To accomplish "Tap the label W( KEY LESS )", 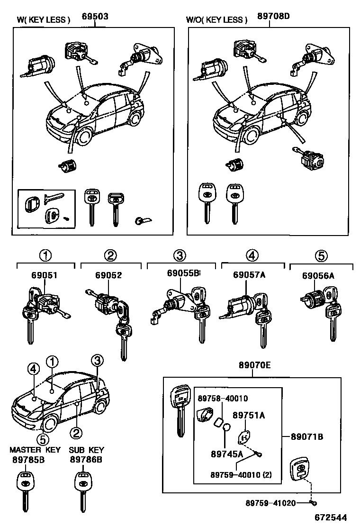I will click(44, 20).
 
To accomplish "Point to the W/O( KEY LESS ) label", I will click(216, 20).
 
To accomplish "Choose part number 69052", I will click(108, 275).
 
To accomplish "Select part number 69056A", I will click(318, 276).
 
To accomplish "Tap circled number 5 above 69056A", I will click(321, 256).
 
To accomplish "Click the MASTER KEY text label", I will click(35, 450).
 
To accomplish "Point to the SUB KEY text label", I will click(86, 450).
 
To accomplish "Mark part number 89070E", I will click(254, 365).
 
